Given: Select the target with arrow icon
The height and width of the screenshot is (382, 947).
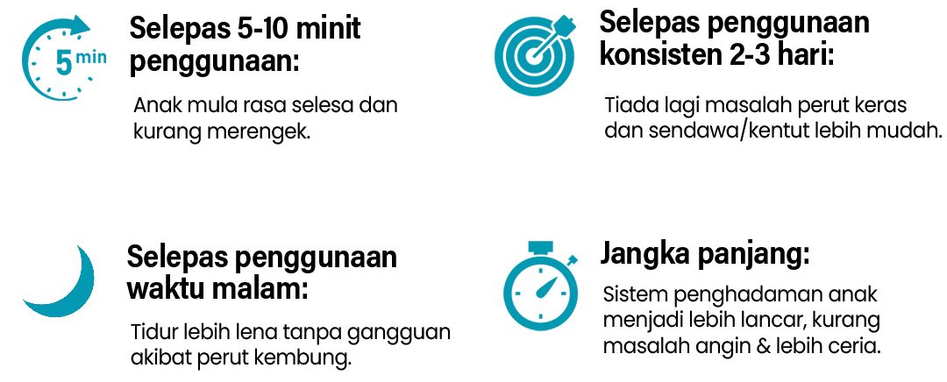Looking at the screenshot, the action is tap(534, 55).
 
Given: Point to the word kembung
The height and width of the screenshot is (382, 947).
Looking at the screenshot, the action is tap(303, 357).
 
